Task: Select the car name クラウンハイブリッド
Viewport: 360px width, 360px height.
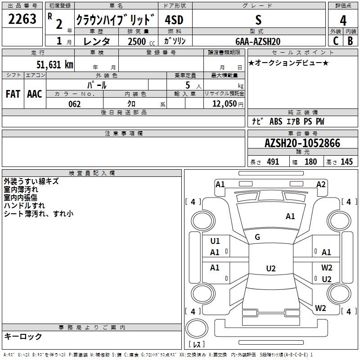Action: tap(115, 20)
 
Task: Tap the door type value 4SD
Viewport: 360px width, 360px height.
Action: tap(174, 20)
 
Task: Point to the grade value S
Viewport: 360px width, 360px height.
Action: tap(258, 20)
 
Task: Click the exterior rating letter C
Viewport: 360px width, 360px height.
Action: tap(336, 41)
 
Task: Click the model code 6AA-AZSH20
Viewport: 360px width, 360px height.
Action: tap(258, 41)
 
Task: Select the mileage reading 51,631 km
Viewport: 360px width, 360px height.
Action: tap(54, 65)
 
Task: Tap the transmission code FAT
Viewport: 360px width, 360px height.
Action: tap(13, 94)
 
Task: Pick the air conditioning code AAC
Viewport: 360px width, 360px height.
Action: tap(35, 94)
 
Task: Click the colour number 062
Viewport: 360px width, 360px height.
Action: tap(75, 104)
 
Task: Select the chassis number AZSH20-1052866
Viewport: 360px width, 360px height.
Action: tap(302, 144)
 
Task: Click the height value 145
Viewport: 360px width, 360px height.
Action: tap(346, 162)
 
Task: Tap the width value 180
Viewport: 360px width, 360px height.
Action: tap(310, 162)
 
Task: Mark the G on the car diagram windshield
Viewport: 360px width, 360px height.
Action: tap(257, 237)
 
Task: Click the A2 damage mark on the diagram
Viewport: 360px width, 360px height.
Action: tap(321, 184)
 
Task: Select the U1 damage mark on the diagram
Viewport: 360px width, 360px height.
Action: tap(215, 241)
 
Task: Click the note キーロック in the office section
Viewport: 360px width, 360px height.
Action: tap(23, 336)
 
